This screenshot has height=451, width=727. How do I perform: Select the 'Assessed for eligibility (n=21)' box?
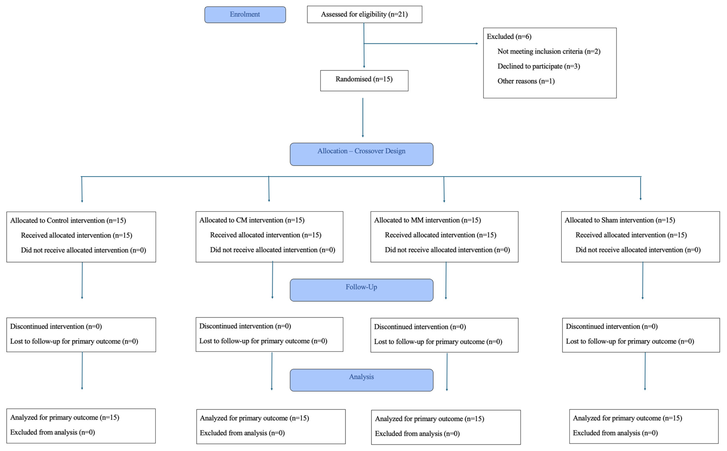coord(364,14)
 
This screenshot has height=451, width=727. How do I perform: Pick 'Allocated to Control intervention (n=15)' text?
coord(68,220)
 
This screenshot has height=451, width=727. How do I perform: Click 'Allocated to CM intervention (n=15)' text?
coord(252,220)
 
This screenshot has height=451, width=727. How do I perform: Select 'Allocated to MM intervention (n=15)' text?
coord(427,220)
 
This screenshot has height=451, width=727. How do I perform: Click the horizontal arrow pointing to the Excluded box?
coord(420,44)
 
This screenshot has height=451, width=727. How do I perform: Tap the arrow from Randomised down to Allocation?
coord(363,118)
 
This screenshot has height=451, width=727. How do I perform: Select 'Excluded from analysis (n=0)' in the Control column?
coord(52,432)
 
